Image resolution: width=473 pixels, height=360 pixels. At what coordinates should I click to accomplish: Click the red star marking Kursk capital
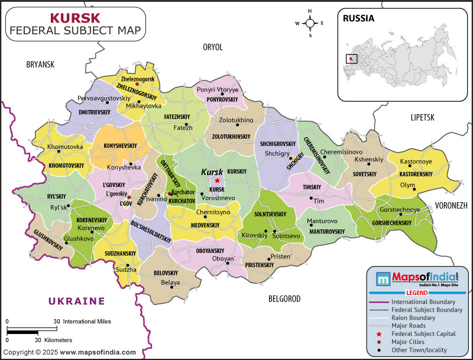click(x=218, y=180)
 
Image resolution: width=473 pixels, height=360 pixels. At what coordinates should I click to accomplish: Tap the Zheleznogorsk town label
click(x=138, y=79)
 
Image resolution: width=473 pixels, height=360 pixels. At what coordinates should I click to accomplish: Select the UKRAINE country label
click(x=76, y=301)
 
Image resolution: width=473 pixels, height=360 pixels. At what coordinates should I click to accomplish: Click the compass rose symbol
click(x=309, y=24)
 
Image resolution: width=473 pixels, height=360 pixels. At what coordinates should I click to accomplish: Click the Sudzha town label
click(x=126, y=270)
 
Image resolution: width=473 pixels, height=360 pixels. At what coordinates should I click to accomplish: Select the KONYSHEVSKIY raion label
click(x=121, y=145)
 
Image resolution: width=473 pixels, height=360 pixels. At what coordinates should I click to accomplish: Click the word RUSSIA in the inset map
click(x=359, y=18)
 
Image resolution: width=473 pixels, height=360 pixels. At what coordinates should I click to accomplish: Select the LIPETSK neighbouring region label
click(x=422, y=118)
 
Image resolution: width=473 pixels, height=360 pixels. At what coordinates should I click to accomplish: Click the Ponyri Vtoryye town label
click(x=218, y=89)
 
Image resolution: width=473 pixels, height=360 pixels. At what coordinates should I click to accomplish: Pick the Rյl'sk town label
click(x=59, y=207)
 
